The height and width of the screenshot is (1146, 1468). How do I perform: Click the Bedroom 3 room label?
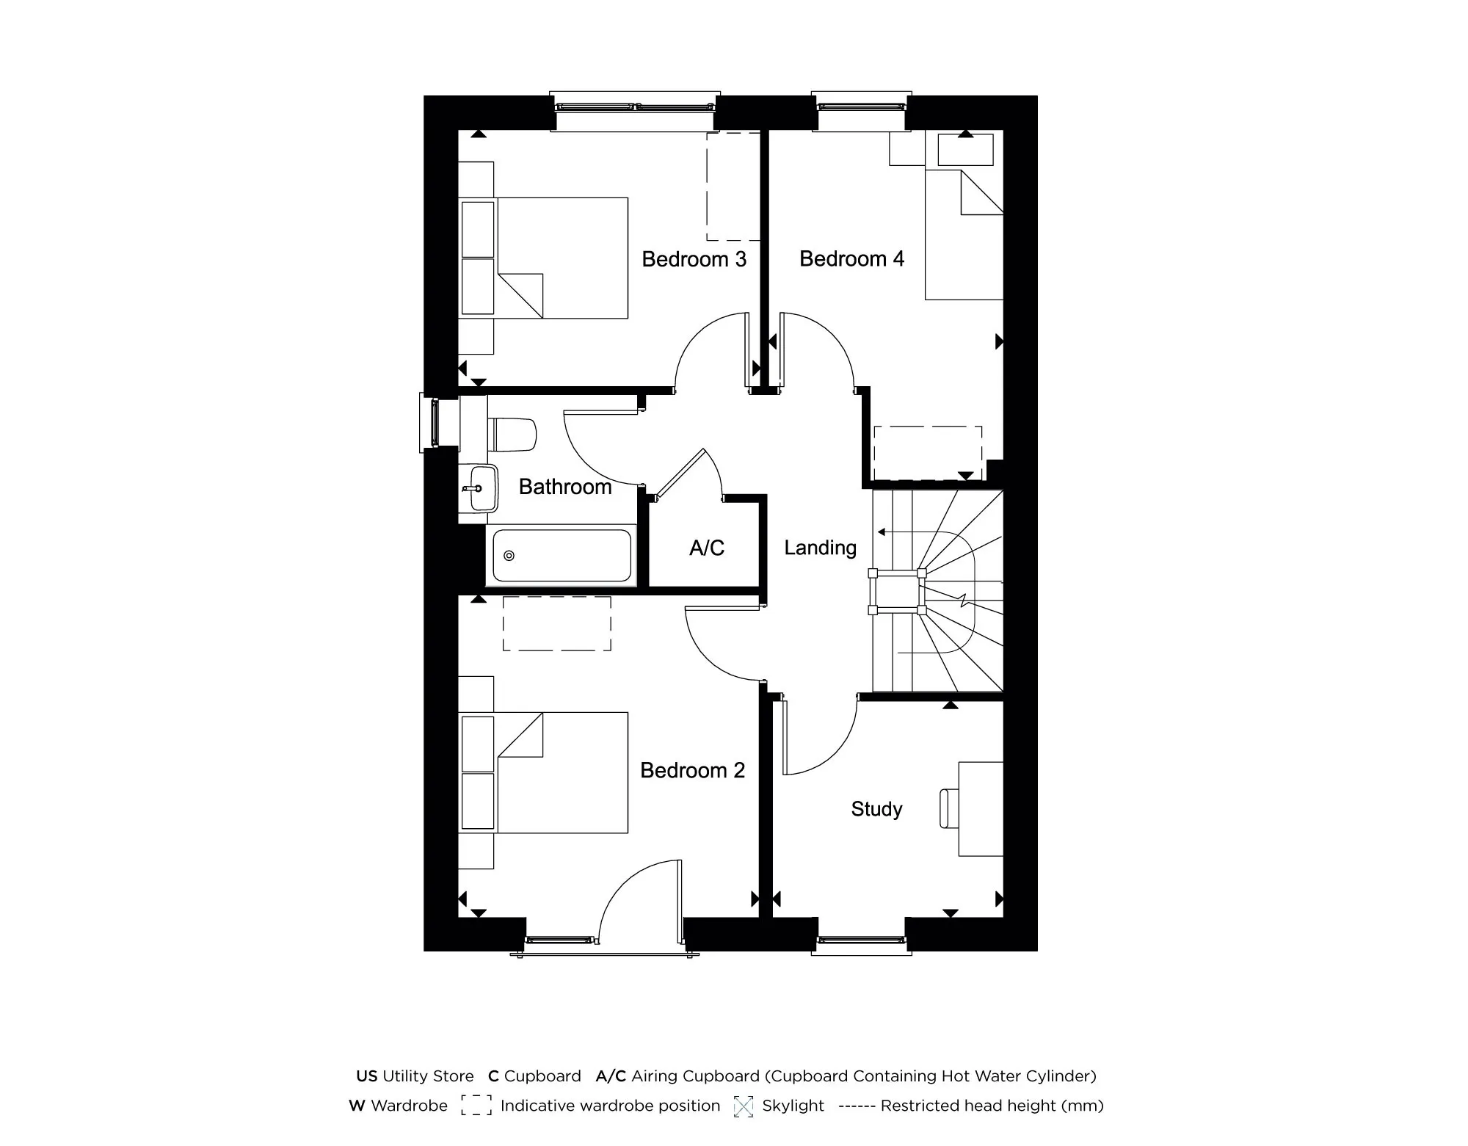pos(694,259)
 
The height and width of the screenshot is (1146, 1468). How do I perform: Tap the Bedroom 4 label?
pos(851,259)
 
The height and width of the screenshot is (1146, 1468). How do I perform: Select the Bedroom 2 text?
pos(692,770)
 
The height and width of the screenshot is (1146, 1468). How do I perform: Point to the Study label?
pos(876,809)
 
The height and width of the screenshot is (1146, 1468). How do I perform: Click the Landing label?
pos(820,548)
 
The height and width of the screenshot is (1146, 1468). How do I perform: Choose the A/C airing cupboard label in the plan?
pos(706,548)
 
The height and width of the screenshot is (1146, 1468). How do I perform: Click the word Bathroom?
pos(565,487)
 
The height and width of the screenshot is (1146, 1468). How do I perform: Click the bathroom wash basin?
pos(480,487)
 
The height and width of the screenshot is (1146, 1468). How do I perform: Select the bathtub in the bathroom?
pos(562,556)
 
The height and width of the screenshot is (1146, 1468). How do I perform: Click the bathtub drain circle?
pos(509,556)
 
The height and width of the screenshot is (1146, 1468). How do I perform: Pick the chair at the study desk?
pos(949,808)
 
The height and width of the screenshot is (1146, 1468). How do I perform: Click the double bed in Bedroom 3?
pos(562,258)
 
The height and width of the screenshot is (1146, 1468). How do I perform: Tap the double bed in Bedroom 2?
pos(562,772)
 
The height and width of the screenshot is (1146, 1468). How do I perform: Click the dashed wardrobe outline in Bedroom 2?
pos(556,623)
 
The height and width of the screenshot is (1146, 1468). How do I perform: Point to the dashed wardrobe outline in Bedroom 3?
pos(733,186)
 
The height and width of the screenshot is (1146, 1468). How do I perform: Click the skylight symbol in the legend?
pos(744,1106)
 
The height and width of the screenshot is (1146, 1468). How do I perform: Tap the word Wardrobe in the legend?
pos(409,1106)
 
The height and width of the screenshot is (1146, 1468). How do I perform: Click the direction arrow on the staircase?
pos(882,532)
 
